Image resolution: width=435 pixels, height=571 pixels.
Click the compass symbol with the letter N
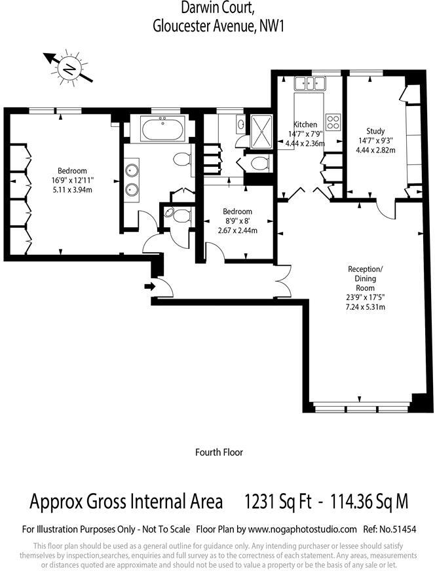(68, 67)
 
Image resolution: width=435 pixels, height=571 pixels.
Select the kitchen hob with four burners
(333, 122)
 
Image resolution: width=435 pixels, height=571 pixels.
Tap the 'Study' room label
(375, 131)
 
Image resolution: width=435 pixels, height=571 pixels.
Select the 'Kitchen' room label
(305, 124)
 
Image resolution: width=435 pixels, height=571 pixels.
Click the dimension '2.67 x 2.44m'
(237, 230)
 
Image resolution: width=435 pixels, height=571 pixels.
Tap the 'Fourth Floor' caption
(219, 452)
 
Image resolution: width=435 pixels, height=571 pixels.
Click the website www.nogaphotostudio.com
(303, 529)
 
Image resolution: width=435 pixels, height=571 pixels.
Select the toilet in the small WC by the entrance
(171, 213)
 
